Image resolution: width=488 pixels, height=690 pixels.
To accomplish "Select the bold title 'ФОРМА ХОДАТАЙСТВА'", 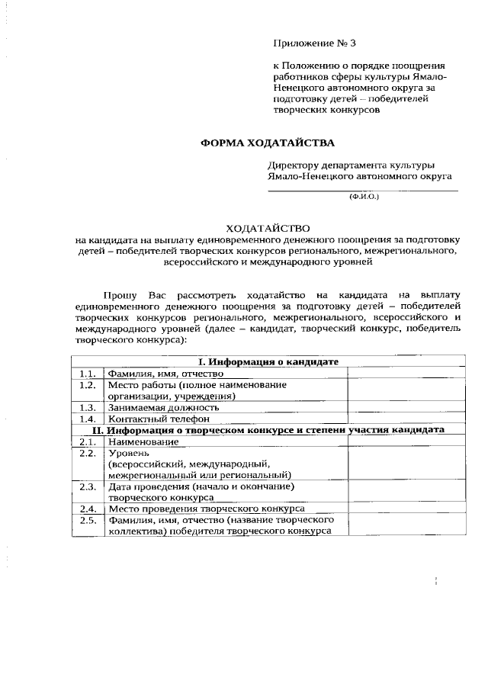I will tap(267, 143).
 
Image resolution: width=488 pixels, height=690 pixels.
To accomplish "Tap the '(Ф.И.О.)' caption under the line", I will tap(364, 197).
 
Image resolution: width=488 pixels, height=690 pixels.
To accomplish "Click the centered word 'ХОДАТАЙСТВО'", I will tap(267, 228).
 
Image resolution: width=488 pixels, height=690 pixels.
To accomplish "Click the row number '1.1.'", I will tap(87, 374).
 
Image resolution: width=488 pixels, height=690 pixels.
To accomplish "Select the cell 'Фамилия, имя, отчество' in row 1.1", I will tap(165, 374).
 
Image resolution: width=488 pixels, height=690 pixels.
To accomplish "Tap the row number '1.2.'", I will tap(87, 385).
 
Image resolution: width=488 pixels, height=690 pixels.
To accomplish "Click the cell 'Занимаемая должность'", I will tap(163, 407).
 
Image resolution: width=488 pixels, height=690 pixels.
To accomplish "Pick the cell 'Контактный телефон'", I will tap(158, 419).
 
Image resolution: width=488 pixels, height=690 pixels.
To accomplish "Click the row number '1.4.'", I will tap(87, 419).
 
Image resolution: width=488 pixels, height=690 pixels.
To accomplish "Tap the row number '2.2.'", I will tap(87, 453).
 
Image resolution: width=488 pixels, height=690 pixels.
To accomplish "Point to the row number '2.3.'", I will tap(87, 486).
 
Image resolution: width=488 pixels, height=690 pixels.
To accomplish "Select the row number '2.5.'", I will tap(87, 520).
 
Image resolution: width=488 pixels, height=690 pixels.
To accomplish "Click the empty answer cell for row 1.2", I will tap(403, 390).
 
